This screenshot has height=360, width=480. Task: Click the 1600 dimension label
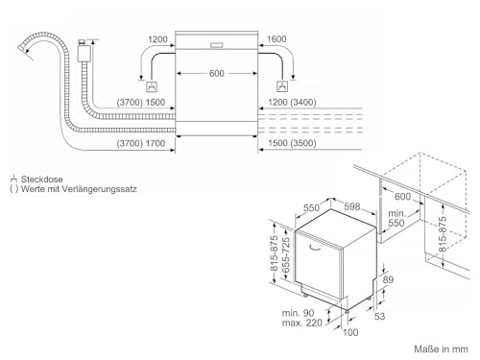pyautogui.click(x=276, y=39)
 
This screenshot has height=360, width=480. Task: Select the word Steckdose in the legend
pyautogui.click(x=42, y=179)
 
